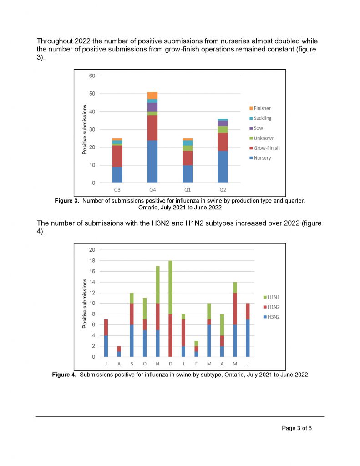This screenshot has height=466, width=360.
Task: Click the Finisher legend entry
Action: [260, 108]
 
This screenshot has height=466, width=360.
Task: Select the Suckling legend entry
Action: [260, 118]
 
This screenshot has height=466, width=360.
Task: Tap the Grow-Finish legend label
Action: [267, 148]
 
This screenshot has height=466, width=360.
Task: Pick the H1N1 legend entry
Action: [271, 297]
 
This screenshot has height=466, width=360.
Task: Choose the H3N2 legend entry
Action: [271, 317]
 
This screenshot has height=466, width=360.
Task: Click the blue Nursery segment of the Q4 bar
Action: [152, 162]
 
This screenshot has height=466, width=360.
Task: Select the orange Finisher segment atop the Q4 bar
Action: [152, 96]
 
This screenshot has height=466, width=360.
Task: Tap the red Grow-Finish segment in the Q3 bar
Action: [117, 156]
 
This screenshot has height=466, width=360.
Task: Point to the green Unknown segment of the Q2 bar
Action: [223, 129]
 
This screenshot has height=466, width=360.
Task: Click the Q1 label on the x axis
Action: [188, 190]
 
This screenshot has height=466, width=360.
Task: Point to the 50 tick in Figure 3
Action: [92, 94]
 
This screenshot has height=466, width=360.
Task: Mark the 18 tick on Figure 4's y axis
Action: [92, 261]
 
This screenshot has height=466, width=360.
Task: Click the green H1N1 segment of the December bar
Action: [170, 288]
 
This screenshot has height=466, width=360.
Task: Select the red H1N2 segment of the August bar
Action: [119, 349]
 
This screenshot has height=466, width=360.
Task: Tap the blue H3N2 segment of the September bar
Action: [132, 340]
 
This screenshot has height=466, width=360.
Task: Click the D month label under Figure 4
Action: [170, 364]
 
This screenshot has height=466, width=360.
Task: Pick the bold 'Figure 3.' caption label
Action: [66, 201]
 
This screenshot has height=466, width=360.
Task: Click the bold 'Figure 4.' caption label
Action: [64, 375]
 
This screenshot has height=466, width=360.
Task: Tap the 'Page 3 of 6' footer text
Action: [297, 428]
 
